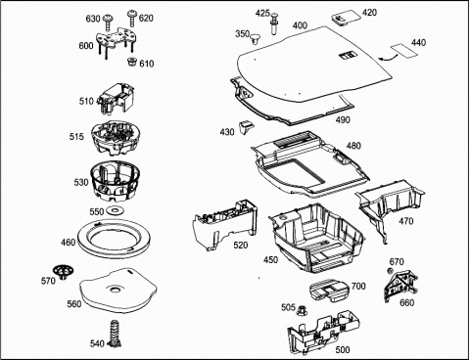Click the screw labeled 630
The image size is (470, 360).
pos(107,22)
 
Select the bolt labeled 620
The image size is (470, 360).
pos(132,18)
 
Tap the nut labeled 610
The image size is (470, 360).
pos(131,62)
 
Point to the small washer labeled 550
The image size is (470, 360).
pos(115,211)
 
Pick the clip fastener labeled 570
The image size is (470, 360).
pos(64,272)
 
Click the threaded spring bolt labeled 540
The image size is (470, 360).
pos(115,333)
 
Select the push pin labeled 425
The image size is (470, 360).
pos(274,25)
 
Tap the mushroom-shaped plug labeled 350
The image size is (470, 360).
pos(255,38)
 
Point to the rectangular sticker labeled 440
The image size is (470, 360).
pos(404,51)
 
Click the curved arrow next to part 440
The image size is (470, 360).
pos(388,59)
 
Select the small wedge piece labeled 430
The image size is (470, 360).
pos(247,126)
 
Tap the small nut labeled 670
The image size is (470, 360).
pos(389,270)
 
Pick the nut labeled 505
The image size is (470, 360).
pos(301,310)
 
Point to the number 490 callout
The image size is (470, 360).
pos(343,120)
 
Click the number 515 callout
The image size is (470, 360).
pos(76,136)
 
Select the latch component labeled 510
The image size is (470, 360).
pos(117,98)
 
